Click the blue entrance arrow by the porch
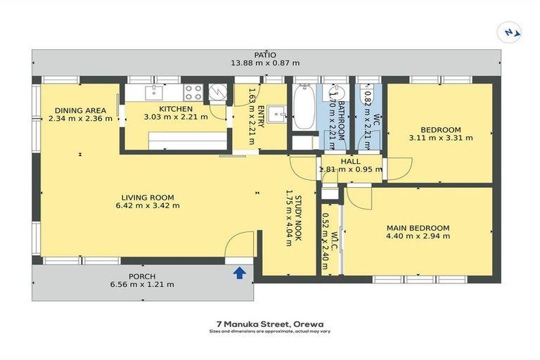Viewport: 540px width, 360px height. tap(240, 274)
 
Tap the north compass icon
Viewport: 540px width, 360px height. tap(510, 33)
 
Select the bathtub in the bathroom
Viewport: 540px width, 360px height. tap(304, 108)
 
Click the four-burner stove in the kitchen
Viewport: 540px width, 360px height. tap(193, 92)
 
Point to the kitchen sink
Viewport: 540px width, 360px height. tap(154, 93)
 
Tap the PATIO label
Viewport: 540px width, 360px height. tap(265, 55)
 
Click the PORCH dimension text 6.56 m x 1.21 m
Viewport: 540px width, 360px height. tap(142, 285)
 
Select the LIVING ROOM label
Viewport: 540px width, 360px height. tap(148, 198)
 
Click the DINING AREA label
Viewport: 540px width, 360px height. tap(81, 110)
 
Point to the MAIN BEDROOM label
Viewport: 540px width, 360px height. tap(418, 228)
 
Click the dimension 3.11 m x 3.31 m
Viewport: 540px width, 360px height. tap(441, 138)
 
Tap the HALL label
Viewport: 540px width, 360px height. tap(351, 161)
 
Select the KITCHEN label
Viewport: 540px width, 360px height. tap(176, 109)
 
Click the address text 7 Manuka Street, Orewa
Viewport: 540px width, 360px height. tap(270, 324)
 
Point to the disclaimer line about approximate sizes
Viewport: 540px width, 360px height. tap(270, 331)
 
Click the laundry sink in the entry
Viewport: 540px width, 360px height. tap(277, 114)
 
